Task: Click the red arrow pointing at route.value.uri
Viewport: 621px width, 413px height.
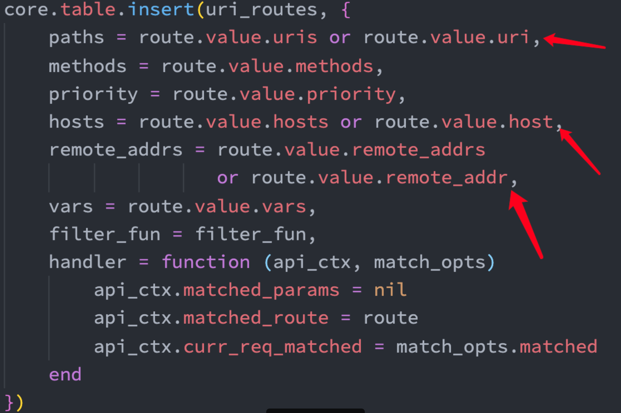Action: click(x=574, y=42)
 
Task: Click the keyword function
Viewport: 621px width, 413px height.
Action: click(x=206, y=262)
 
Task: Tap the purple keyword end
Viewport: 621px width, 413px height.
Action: click(x=65, y=374)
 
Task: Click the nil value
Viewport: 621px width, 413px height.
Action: click(x=390, y=290)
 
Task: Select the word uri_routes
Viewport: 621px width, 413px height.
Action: click(x=261, y=10)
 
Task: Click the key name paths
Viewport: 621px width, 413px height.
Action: click(x=76, y=38)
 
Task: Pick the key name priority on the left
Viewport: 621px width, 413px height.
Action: click(x=93, y=94)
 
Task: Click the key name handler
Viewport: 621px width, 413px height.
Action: click(x=88, y=262)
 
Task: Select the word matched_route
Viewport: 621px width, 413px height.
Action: click(x=256, y=318)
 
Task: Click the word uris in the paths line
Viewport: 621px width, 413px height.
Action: click(x=295, y=38)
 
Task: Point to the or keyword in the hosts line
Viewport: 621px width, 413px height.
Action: click(x=351, y=122)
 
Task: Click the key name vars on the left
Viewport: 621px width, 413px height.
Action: click(x=71, y=207)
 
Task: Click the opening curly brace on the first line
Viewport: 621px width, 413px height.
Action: click(x=346, y=10)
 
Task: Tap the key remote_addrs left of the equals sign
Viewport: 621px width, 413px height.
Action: click(x=116, y=150)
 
